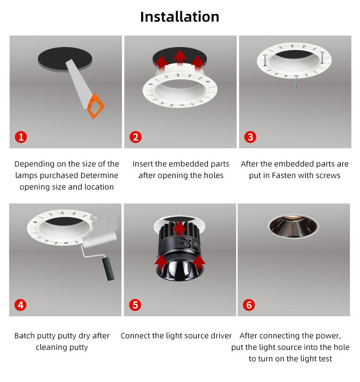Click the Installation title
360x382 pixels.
coord(180,17)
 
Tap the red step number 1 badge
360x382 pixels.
coord(21,137)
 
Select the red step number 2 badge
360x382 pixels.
coord(135,137)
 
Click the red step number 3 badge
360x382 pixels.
coord(250,137)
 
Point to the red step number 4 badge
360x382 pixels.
coord(21,305)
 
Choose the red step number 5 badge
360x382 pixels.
coord(135,305)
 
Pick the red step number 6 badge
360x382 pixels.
coord(249,305)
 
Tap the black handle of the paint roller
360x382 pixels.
coord(109,268)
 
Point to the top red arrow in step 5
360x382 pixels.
coord(180,227)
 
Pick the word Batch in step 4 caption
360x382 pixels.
coord(25,336)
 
